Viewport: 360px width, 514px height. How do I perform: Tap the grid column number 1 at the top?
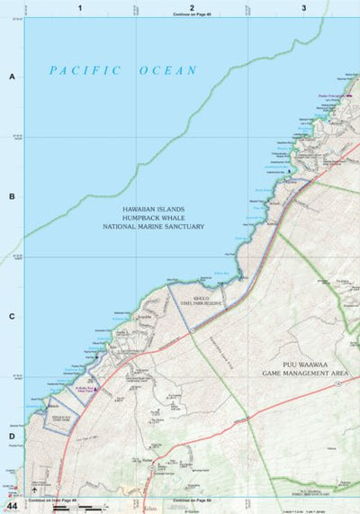tap(80, 7)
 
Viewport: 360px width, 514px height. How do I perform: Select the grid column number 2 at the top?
tap(192, 7)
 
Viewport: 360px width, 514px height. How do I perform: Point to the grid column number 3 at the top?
tap(304, 7)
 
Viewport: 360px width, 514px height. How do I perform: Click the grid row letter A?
tap(12, 77)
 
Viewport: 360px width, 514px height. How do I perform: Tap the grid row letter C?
tap(12, 316)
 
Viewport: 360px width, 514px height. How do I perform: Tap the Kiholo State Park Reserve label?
tap(208, 302)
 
